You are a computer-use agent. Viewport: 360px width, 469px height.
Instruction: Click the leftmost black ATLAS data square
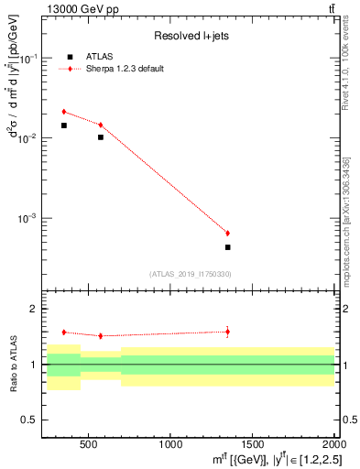pos(63,125)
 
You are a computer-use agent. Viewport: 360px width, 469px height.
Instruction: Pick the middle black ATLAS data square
pos(101,137)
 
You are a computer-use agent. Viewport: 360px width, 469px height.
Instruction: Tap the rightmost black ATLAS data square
pos(227,247)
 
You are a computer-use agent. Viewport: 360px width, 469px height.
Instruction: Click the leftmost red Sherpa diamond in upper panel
pos(63,112)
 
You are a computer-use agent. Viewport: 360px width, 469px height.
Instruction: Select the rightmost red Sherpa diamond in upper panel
pos(227,233)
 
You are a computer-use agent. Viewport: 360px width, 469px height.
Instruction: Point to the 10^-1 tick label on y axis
pos(29,59)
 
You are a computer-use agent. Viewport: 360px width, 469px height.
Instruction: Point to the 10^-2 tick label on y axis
pos(29,138)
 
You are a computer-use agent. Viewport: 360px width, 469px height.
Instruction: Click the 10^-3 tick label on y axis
pos(29,219)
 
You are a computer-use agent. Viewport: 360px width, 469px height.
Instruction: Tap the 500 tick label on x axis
pos(88,443)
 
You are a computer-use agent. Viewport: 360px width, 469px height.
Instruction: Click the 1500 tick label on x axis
pos(253,443)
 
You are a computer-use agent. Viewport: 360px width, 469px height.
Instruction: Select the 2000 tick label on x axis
pos(333,443)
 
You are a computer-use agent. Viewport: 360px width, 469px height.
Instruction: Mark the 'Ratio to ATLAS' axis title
pos(14,365)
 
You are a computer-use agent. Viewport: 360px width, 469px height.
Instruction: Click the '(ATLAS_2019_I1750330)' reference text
pos(190,274)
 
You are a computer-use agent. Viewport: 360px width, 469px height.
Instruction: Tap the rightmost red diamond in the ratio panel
pos(227,332)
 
